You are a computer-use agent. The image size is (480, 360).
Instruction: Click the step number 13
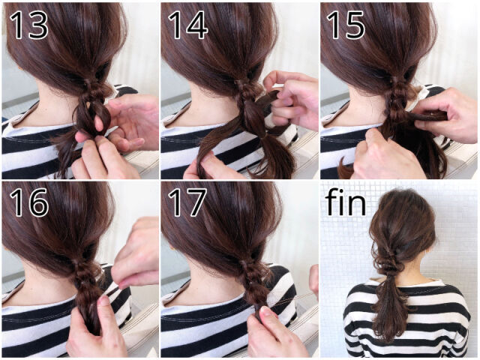(x=28, y=25)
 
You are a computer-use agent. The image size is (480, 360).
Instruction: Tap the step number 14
(x=187, y=25)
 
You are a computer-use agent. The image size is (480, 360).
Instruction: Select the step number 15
(x=346, y=25)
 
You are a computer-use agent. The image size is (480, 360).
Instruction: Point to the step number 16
(x=28, y=202)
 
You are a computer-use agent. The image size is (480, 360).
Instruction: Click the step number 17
(x=187, y=202)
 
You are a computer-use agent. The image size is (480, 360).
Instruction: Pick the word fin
(x=346, y=201)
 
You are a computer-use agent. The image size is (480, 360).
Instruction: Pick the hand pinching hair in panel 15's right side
(x=444, y=116)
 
